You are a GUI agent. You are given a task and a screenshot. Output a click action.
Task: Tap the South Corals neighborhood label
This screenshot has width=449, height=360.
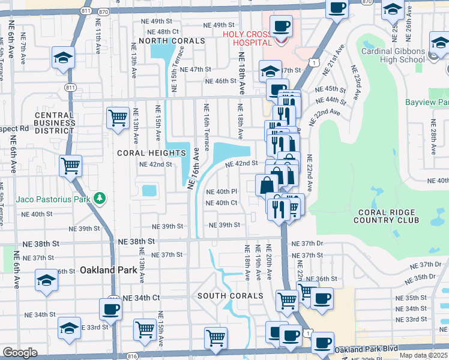point(231,296)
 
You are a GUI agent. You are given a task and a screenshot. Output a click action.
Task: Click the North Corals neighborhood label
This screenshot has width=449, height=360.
point(172,41)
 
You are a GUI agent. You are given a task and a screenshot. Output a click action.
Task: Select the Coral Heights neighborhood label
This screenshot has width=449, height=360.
point(151,153)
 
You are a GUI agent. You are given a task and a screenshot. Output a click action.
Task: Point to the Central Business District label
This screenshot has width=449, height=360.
point(54,122)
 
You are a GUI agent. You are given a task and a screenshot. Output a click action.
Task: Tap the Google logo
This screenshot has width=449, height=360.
point(20,353)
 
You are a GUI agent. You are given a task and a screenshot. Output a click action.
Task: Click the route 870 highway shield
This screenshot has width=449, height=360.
point(103,11)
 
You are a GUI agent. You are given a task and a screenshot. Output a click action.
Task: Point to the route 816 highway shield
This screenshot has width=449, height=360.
point(133,356)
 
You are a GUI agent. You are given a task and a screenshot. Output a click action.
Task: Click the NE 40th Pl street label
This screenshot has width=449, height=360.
point(222,191)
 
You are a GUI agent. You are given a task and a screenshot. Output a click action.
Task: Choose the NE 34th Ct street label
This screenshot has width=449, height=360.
point(141,298)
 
